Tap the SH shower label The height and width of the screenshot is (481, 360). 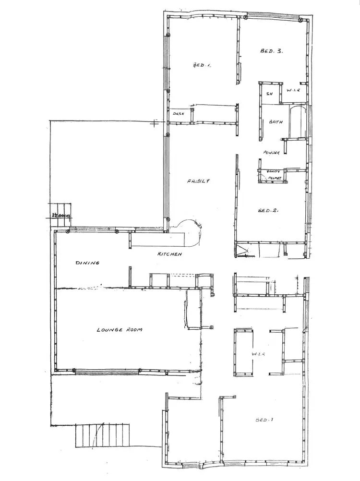tap(270, 94)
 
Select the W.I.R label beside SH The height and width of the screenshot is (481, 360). tap(294, 91)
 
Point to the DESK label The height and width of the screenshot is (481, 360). tap(179, 113)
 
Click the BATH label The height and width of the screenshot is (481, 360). tap(276, 122)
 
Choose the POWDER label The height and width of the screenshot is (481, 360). tap(271, 153)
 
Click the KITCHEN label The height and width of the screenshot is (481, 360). tap(170, 254)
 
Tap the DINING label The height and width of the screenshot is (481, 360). tap(87, 263)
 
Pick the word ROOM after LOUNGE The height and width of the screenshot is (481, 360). tap(135, 330)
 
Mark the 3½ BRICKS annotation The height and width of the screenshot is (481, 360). tap(60, 216)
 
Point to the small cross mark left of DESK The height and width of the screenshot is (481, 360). tap(154, 123)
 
